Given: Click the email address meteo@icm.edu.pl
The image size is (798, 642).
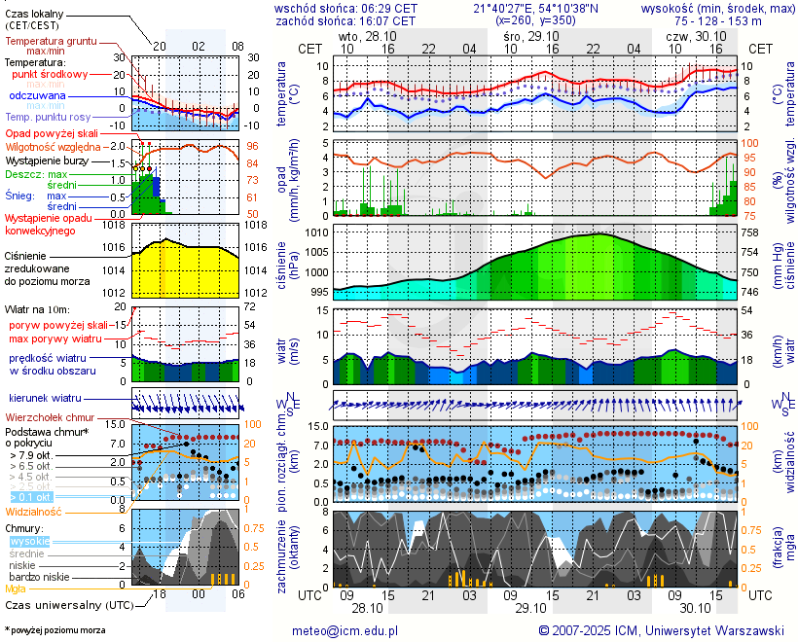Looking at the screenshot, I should pos(345,630).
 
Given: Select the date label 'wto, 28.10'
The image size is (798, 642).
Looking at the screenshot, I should pos(361,35).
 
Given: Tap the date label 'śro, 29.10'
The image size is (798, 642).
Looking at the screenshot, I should pos(526,35).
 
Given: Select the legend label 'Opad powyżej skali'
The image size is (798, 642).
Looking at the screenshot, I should pos(52,133).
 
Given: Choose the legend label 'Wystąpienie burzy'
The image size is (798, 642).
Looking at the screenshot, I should pos(47,160).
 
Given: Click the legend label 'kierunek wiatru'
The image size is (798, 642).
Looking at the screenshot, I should pos(45,399).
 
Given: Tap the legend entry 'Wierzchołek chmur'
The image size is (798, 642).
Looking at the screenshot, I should pos(48,417).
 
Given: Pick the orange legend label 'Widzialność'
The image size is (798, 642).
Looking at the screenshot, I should pos(34,511).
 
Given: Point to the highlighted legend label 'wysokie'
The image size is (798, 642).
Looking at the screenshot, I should pos(28,541).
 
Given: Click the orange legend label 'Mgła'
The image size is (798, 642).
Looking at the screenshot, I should pos(16,588).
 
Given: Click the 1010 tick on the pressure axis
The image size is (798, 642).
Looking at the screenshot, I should pos(318,233).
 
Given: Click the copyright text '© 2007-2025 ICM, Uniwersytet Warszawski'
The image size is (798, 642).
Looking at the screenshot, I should pos(661,630).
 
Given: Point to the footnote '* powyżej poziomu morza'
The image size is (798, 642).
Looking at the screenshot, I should pos(54,630).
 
